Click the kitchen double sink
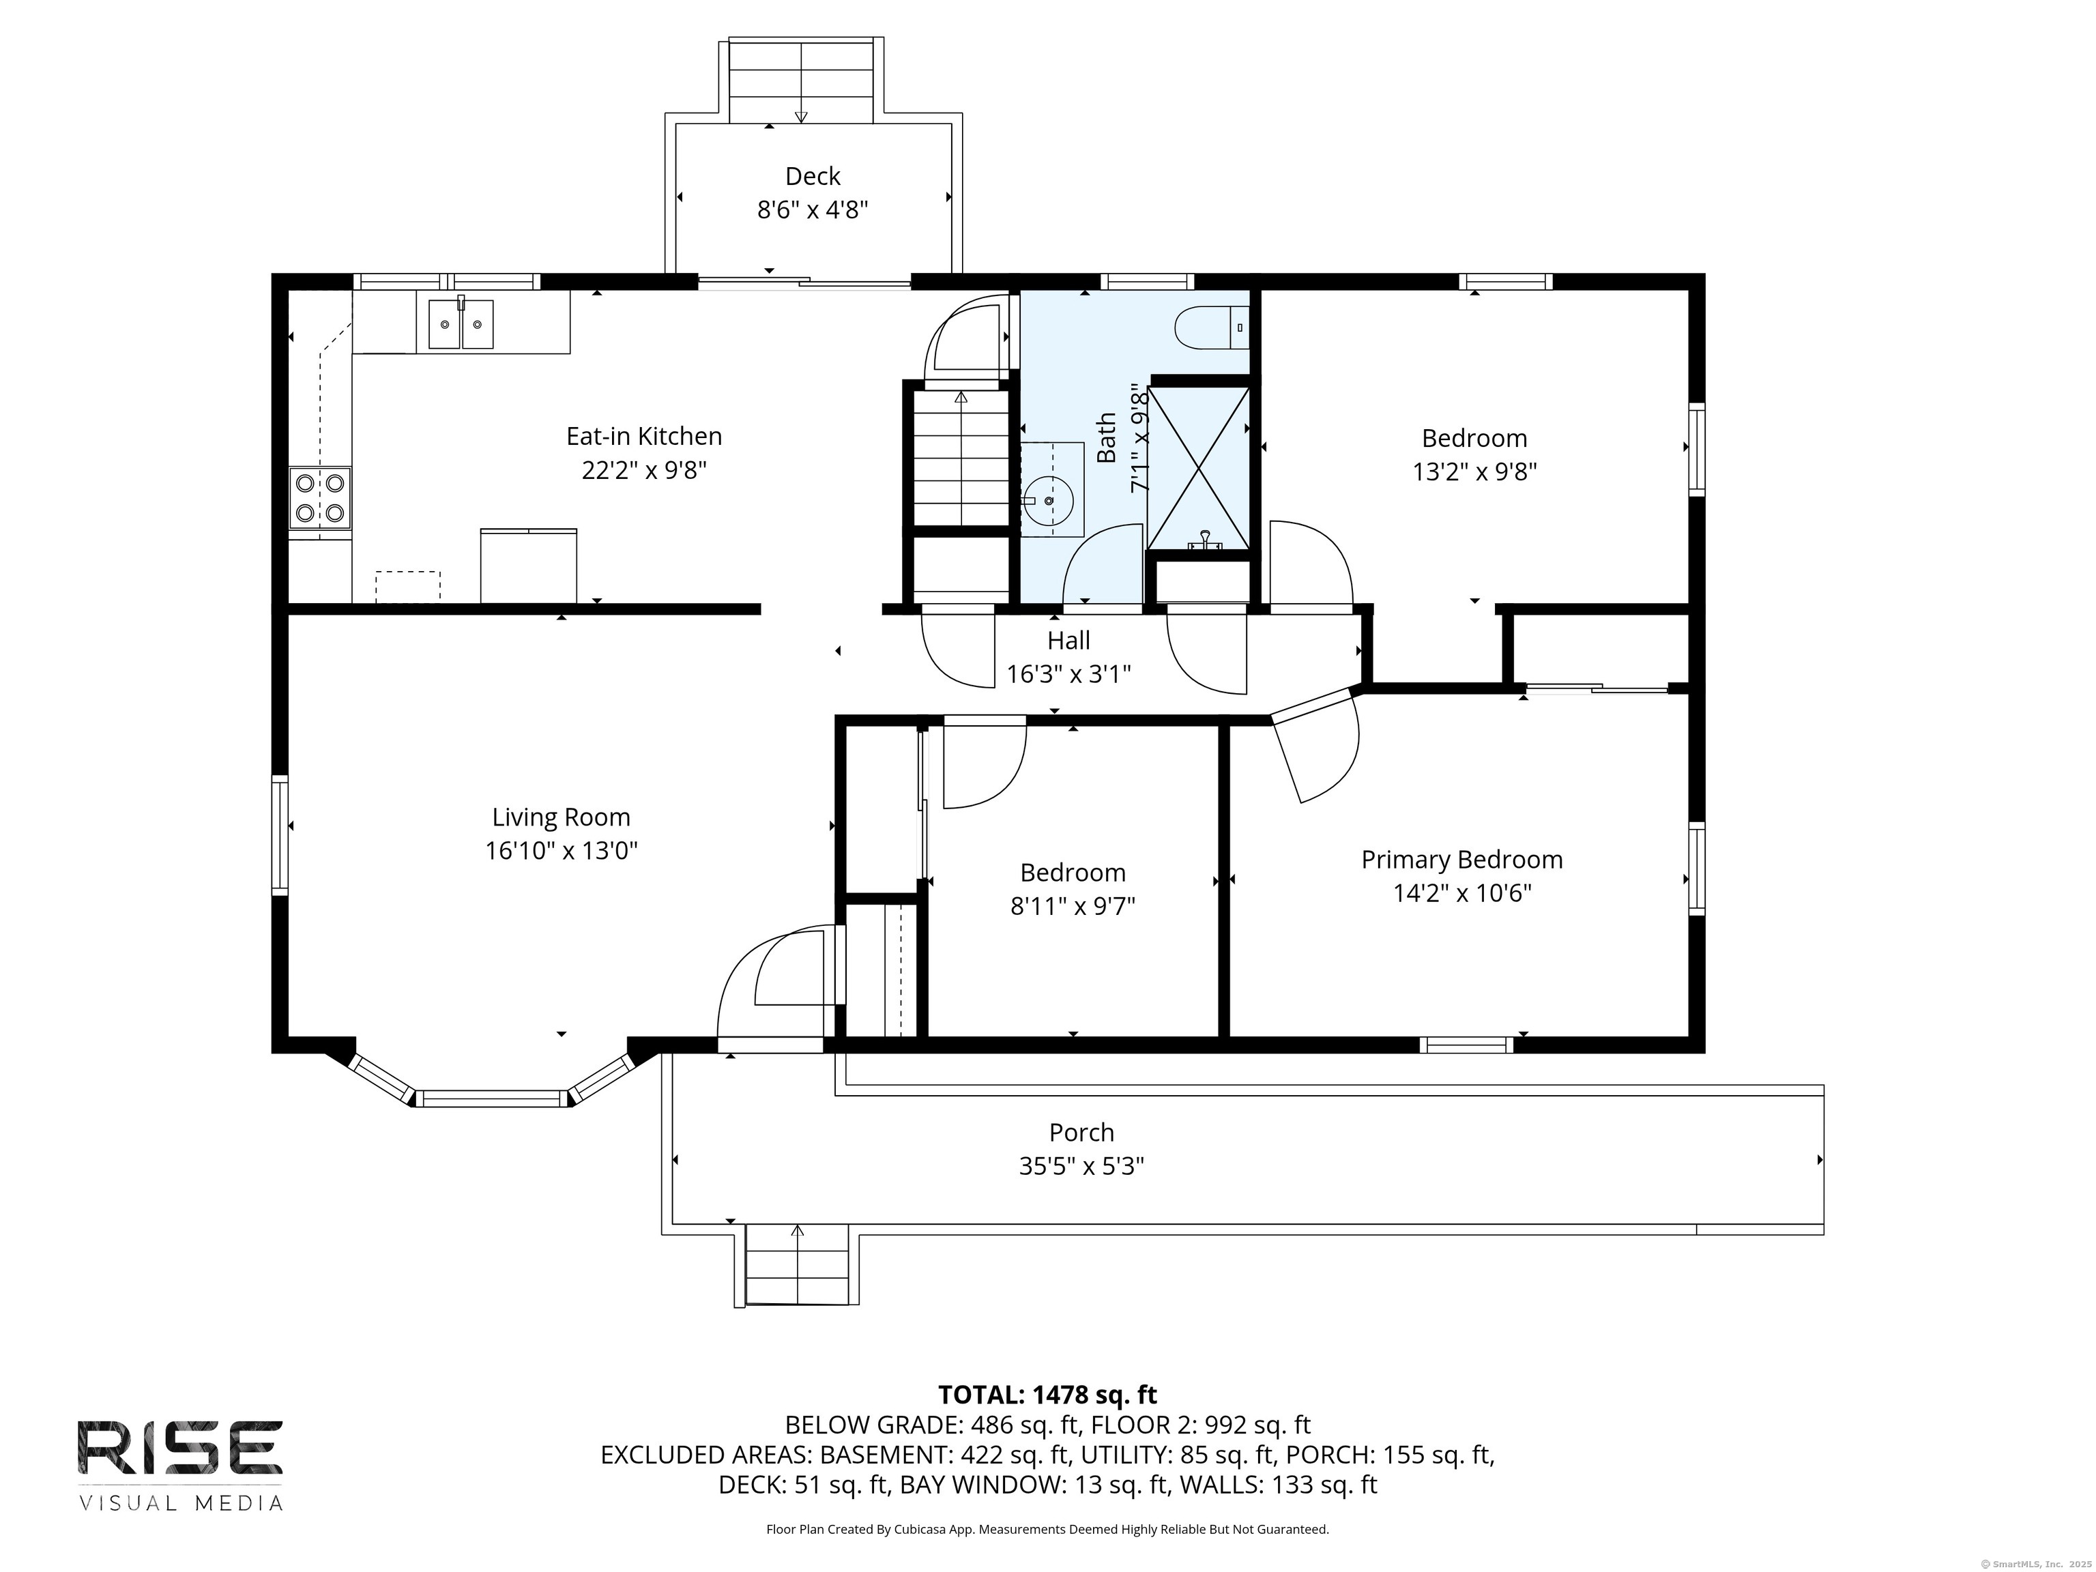click(461, 323)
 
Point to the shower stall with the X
click(1199, 467)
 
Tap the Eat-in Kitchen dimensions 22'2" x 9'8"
click(644, 470)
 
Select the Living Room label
click(561, 817)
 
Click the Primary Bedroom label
click(1462, 860)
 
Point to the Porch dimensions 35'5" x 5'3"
click(1081, 1165)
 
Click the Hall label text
click(1069, 641)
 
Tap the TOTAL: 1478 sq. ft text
click(1047, 1395)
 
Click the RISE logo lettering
click(180, 1447)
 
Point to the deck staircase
click(802, 81)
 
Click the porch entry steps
click(797, 1265)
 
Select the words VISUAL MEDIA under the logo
click(181, 1503)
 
